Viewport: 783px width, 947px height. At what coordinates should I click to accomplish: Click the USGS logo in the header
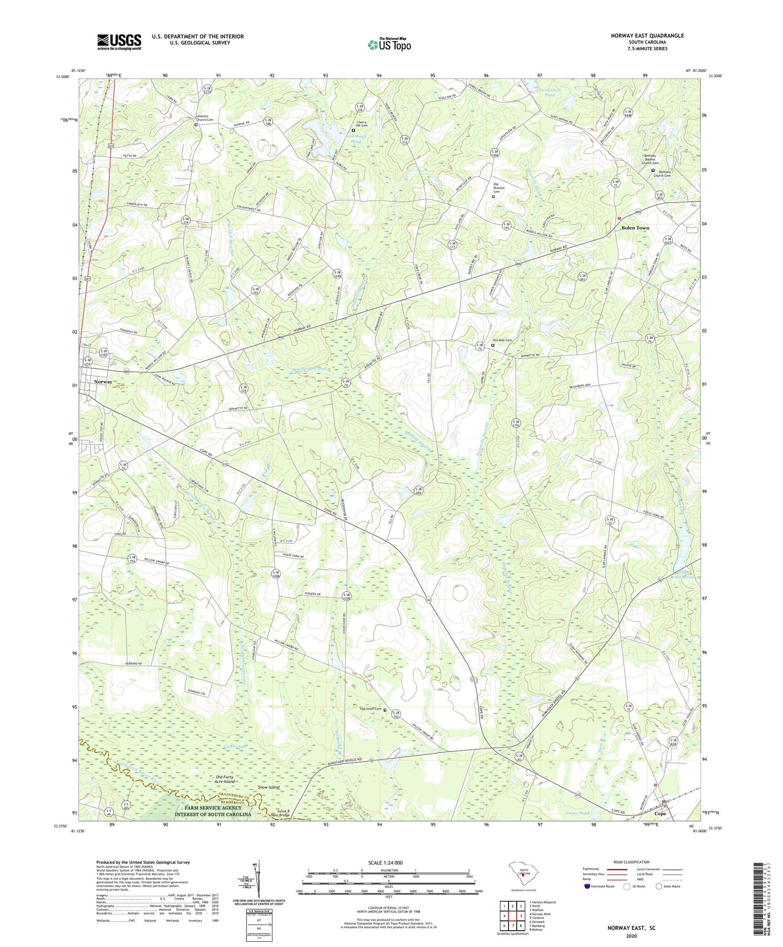click(119, 42)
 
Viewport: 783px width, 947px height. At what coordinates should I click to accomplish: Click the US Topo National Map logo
click(389, 44)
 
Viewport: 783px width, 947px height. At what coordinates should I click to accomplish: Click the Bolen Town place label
click(635, 228)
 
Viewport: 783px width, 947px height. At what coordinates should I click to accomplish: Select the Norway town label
click(103, 382)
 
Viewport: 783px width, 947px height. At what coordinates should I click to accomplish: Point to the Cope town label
click(660, 814)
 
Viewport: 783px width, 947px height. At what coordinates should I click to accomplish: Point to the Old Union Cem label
click(371, 709)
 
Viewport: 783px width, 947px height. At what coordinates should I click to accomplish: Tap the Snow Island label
click(269, 787)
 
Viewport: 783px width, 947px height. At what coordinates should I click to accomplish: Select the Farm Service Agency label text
click(212, 811)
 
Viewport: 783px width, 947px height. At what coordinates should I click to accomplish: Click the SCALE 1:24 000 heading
click(388, 863)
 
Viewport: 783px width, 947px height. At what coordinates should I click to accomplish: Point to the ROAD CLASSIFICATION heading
click(632, 862)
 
